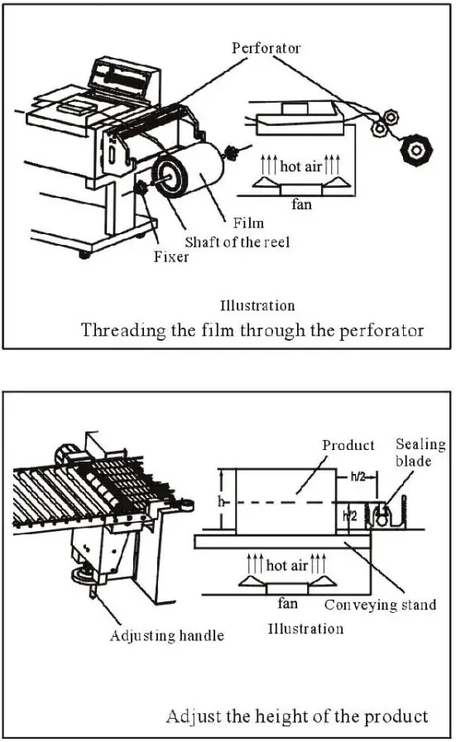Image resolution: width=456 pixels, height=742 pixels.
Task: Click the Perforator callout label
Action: [x=266, y=48]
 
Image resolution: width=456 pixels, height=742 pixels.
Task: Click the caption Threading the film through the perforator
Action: [x=252, y=330]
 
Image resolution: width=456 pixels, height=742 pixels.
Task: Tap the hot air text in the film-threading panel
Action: [x=301, y=166]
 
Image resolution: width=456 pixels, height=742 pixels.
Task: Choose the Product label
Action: [x=348, y=445]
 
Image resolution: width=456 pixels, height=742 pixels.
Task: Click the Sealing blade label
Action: [x=420, y=452]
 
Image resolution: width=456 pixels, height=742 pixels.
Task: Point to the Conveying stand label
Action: [x=380, y=605]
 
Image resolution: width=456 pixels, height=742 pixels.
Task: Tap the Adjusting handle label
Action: [x=166, y=635]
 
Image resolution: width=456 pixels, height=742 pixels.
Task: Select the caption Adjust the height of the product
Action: [x=297, y=716]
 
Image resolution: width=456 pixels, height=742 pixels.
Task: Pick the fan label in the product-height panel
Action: [x=287, y=604]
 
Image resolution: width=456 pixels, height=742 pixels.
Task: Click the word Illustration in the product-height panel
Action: [x=305, y=629]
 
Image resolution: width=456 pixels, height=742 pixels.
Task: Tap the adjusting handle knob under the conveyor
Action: [x=83, y=572]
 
